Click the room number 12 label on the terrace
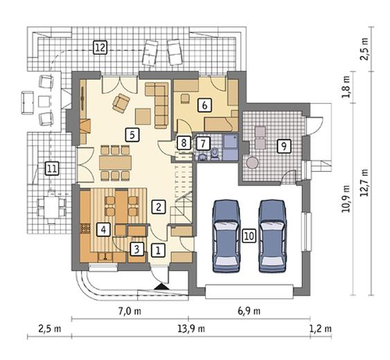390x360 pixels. (100, 47)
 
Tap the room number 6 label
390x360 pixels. (204, 105)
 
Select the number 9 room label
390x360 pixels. (284, 146)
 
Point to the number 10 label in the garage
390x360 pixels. (249, 235)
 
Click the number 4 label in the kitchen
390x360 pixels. (104, 229)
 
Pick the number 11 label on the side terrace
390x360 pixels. (52, 168)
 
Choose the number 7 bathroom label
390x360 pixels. (203, 143)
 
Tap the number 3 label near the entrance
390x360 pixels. (136, 249)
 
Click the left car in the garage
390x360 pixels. (227, 236)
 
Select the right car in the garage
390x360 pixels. (272, 236)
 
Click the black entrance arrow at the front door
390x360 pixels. (161, 287)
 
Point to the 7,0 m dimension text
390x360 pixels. (130, 311)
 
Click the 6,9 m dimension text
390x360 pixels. (249, 311)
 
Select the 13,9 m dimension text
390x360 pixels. (191, 329)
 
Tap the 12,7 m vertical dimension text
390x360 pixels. (364, 183)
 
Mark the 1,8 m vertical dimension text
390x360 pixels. (346, 87)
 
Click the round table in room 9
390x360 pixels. (253, 163)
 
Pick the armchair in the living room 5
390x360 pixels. (121, 103)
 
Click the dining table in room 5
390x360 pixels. (115, 163)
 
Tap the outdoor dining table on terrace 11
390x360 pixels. (52, 207)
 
